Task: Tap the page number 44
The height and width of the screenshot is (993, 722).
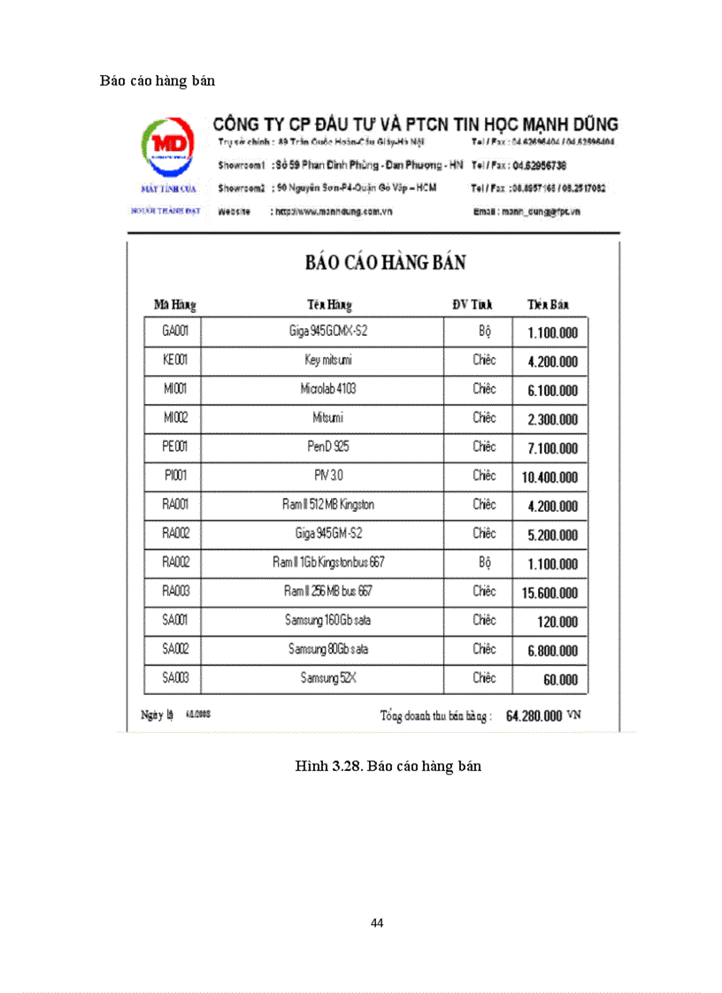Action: click(x=377, y=923)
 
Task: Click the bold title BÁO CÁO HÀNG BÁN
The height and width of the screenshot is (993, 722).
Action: click(x=386, y=263)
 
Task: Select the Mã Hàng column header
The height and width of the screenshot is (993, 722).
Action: click(x=175, y=305)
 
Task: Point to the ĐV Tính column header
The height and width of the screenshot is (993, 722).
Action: click(x=472, y=305)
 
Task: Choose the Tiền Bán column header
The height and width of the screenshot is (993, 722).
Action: click(x=549, y=305)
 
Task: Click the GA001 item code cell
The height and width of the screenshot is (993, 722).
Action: click(x=175, y=332)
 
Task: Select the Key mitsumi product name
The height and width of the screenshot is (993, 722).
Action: click(x=328, y=361)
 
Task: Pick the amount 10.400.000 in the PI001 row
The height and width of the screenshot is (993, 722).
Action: click(x=549, y=477)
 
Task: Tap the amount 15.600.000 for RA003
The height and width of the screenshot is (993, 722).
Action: click(x=549, y=592)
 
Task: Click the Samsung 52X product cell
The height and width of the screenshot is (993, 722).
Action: click(x=328, y=678)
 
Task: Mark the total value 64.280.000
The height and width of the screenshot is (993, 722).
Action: click(x=534, y=716)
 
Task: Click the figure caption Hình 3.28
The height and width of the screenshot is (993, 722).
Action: click(x=388, y=766)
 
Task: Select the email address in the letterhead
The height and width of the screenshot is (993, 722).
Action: click(x=540, y=212)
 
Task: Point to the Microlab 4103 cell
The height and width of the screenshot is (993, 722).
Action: click(x=328, y=389)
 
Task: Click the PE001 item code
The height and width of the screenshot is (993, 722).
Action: click(x=175, y=447)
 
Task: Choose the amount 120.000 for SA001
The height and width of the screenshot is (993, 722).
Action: click(x=557, y=622)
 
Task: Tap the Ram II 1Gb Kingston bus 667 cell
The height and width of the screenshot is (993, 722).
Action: click(x=328, y=562)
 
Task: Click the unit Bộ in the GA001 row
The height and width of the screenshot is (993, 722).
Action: click(x=484, y=332)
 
